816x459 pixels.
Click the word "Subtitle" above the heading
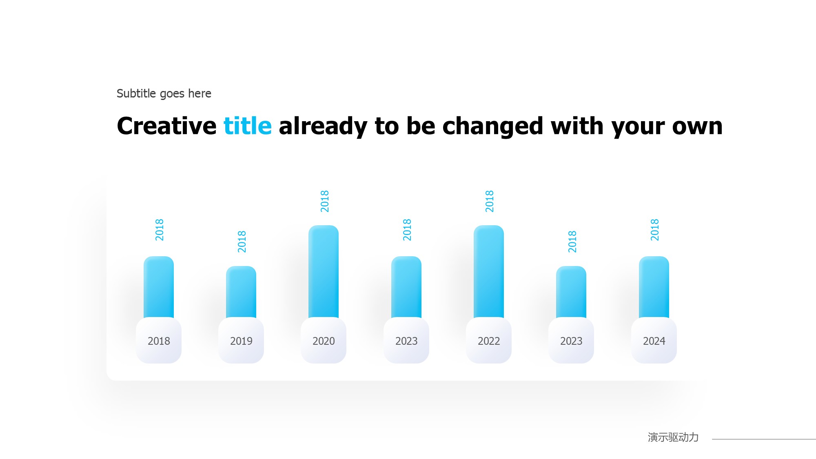coord(136,93)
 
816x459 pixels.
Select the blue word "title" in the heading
coord(248,126)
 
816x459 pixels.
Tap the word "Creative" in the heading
coord(166,126)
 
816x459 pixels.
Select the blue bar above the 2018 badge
coord(159,287)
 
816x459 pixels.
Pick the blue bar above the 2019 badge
coord(241,292)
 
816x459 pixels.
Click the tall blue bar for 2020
coord(324,271)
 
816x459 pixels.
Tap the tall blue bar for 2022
coord(489,271)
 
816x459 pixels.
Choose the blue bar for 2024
coord(654,287)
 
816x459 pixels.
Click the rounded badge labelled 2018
coord(159,340)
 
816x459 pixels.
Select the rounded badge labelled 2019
coord(241,340)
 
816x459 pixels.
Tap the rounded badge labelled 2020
coord(324,340)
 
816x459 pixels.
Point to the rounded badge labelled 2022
coord(489,340)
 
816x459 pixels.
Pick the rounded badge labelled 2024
coord(654,340)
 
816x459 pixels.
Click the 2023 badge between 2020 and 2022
coord(406,340)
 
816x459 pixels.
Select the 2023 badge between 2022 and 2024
coord(571,340)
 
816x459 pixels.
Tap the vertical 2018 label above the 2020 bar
coord(325,201)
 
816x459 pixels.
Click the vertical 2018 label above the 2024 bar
coord(655,230)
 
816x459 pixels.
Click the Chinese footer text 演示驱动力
coord(673,437)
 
